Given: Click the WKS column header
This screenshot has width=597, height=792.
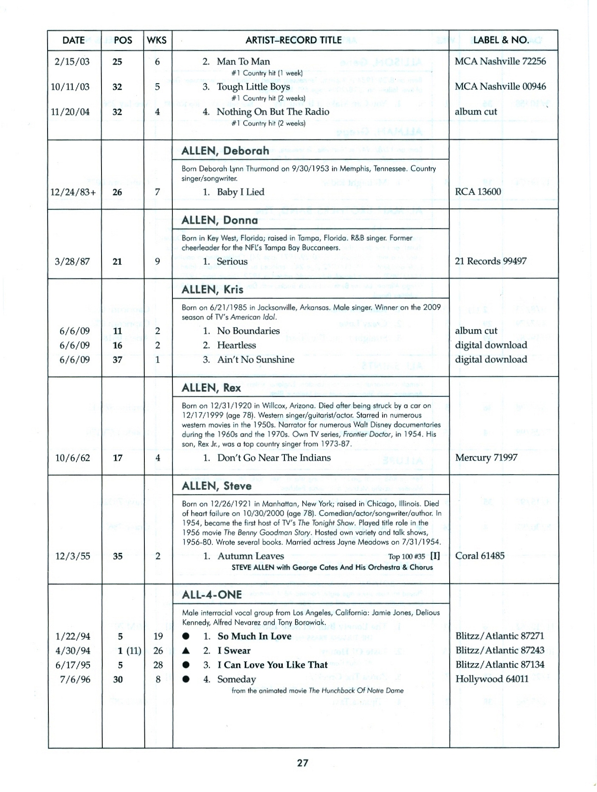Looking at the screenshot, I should coord(157,40).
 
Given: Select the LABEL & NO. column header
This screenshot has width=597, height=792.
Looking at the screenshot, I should coord(501,40).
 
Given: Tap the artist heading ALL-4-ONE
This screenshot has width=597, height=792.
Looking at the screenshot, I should coord(211,594).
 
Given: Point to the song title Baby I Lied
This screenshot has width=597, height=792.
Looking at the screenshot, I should coord(240,192).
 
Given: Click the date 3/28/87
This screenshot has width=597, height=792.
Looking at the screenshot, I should coord(72,261).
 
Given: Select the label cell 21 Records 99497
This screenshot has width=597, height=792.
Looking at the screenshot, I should coord(490,261).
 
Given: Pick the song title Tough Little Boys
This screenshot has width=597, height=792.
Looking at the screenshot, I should coord(253,87).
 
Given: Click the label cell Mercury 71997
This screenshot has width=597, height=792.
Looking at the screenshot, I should coord(486,458).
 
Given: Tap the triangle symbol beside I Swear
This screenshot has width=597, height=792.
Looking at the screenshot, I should coord(186,651).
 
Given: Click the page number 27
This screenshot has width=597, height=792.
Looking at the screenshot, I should coord(302,763).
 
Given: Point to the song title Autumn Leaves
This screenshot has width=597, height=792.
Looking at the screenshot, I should coord(251,556).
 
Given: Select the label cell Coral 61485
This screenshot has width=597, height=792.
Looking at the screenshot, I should coord(480,556).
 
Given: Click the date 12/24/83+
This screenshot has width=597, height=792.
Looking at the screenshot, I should coord(73,192).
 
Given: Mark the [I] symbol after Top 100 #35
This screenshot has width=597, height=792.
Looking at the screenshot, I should coord(435,556).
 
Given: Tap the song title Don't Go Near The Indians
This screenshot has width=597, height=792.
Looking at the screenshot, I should coord(274,458).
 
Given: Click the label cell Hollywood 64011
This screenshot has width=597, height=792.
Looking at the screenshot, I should coord(492,679).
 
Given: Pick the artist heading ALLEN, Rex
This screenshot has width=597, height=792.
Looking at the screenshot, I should coord(211,388).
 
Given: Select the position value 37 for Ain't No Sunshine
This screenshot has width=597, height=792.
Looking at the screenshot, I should coord(118,360).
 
